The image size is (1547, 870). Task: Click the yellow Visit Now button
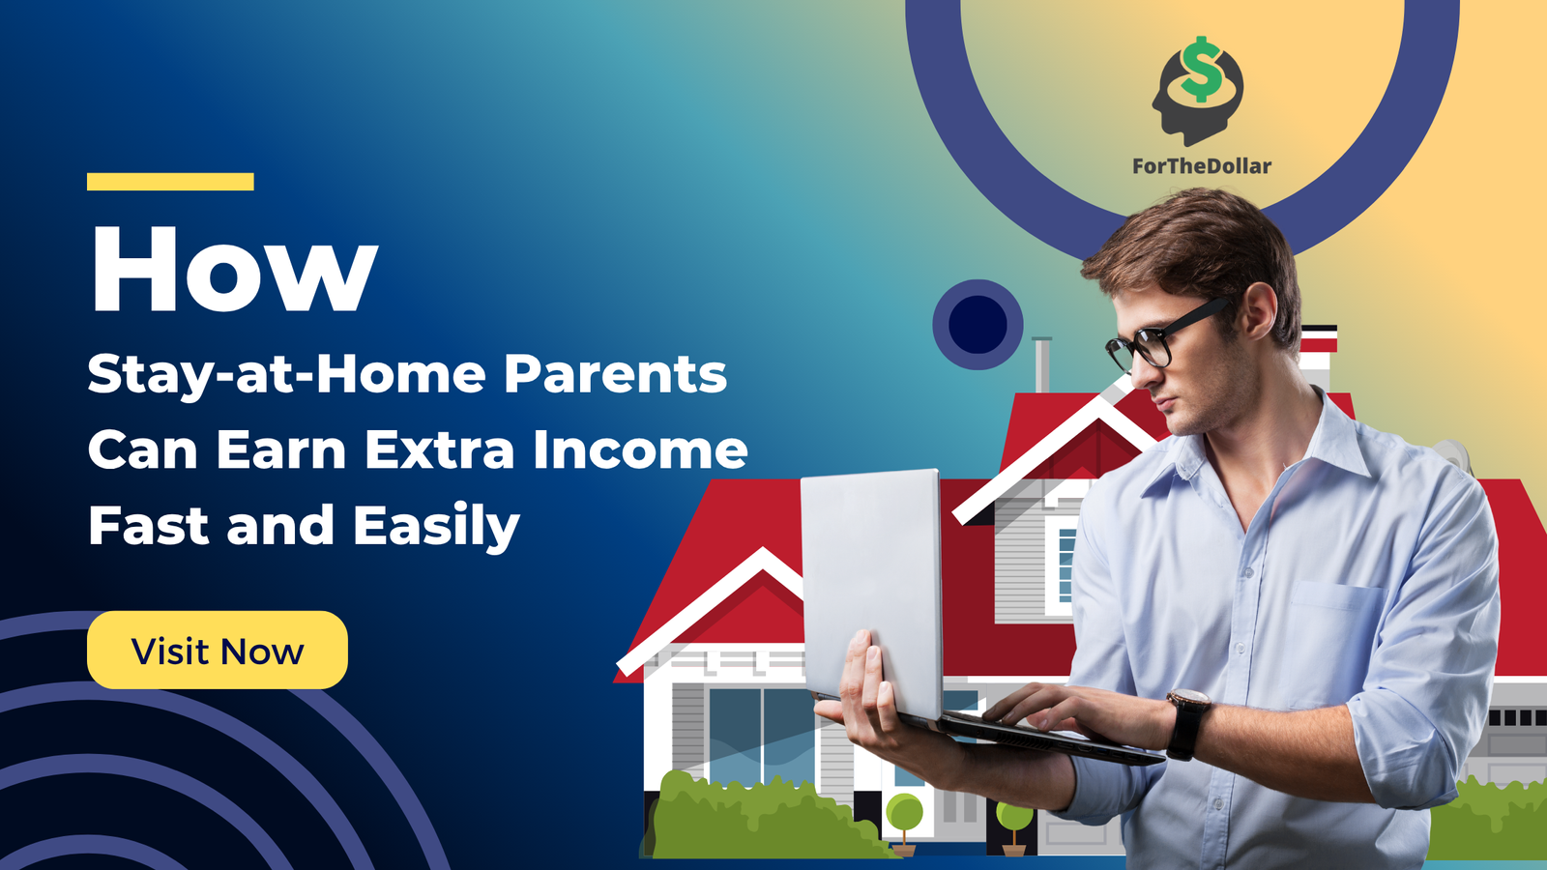point(218,650)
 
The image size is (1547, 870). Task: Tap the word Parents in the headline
point(615,374)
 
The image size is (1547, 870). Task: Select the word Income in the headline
point(640,449)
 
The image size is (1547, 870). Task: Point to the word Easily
point(436,527)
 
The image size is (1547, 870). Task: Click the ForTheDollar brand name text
point(1202,166)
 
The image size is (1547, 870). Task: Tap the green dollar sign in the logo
point(1201,70)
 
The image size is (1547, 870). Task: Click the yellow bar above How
point(170,182)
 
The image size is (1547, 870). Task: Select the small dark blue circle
point(978,324)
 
